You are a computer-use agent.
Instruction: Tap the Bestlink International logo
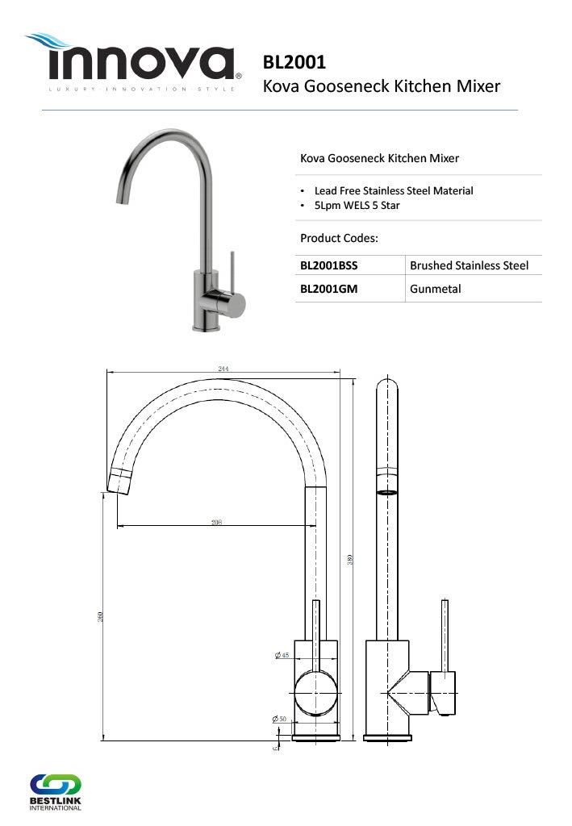click(55, 792)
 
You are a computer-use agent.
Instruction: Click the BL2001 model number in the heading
click(294, 63)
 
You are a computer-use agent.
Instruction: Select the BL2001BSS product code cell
click(328, 265)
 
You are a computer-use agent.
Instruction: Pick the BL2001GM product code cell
click(328, 288)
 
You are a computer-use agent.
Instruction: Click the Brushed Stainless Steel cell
click(469, 265)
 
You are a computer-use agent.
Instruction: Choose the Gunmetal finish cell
click(436, 288)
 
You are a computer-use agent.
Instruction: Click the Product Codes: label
click(339, 238)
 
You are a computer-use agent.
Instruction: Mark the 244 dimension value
click(223, 369)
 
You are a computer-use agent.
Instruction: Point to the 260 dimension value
click(101, 616)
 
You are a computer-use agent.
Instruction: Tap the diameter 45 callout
click(282, 655)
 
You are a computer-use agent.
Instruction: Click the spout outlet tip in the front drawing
click(119, 481)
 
